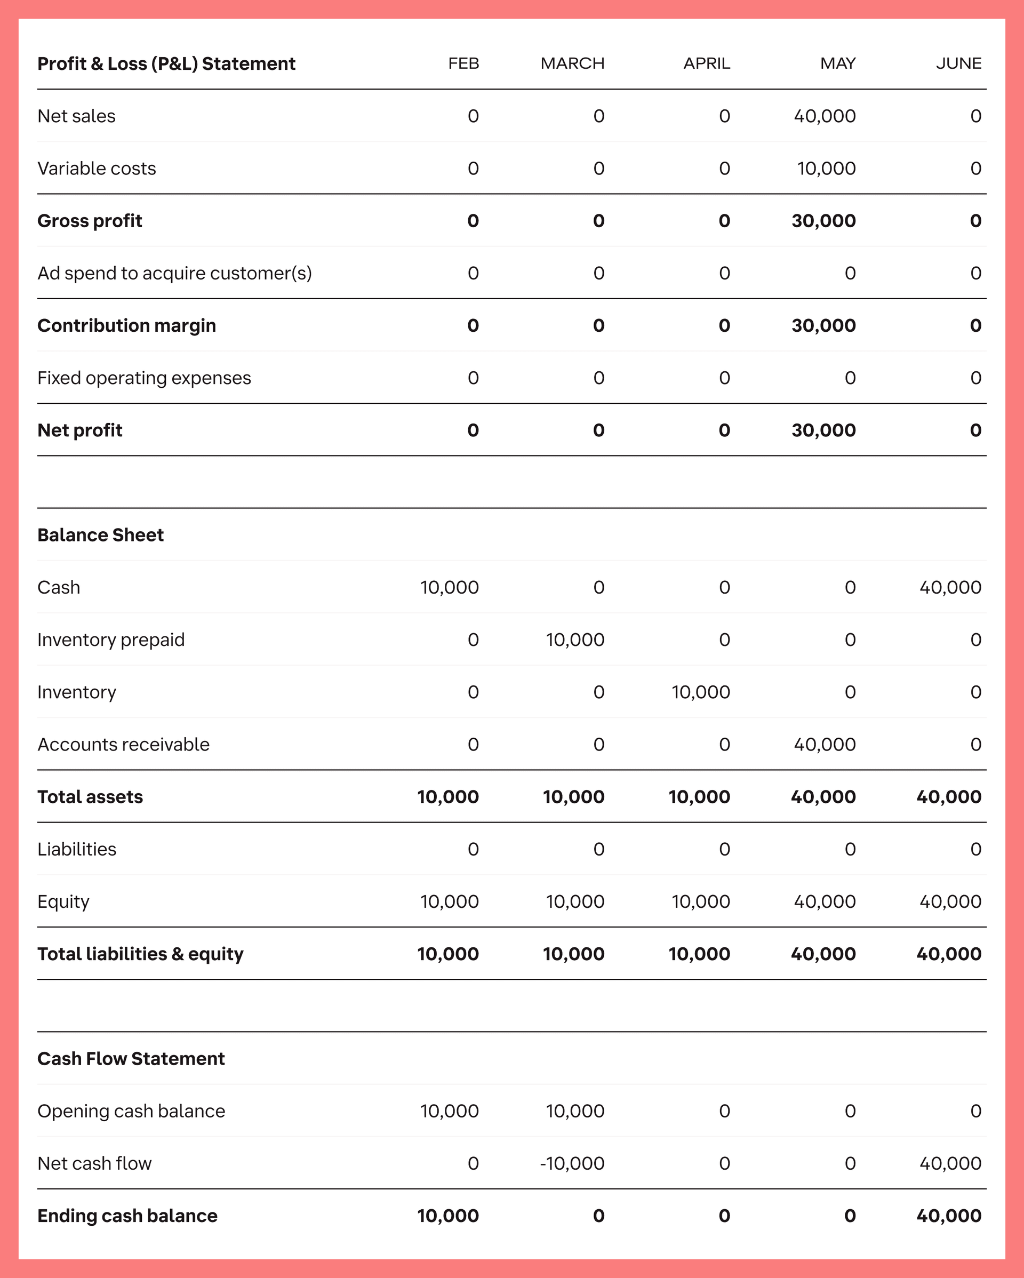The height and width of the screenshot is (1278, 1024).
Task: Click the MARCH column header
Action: click(x=572, y=63)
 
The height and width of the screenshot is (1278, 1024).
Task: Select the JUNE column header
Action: click(x=958, y=63)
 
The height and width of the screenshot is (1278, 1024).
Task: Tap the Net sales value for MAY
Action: click(x=825, y=116)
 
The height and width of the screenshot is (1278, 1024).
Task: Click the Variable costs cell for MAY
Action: click(x=826, y=169)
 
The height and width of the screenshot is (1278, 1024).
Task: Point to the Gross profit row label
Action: click(x=90, y=220)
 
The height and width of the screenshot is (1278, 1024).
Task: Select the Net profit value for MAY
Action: click(x=823, y=430)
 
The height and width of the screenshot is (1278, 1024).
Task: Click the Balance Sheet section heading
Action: click(x=100, y=534)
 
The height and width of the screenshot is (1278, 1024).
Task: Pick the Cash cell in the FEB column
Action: click(x=449, y=587)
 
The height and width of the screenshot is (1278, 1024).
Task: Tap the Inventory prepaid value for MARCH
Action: click(x=575, y=640)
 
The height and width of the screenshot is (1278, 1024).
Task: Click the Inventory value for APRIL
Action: click(x=700, y=692)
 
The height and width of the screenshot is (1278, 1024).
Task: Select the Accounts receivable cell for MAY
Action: click(x=825, y=745)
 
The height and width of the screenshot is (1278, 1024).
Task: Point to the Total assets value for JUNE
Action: click(x=948, y=797)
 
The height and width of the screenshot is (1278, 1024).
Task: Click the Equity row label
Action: click(x=63, y=901)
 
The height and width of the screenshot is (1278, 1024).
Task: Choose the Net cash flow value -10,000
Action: click(x=572, y=1163)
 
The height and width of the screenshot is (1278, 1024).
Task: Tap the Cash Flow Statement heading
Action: click(x=131, y=1059)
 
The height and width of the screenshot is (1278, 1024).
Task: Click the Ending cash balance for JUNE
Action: click(x=948, y=1216)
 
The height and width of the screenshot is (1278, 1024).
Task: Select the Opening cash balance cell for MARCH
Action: click(x=575, y=1111)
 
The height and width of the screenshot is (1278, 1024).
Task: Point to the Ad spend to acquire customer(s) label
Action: click(x=174, y=273)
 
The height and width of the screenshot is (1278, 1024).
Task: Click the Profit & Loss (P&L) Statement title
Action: click(x=166, y=63)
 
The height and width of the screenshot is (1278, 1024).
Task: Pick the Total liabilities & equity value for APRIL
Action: click(x=699, y=954)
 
